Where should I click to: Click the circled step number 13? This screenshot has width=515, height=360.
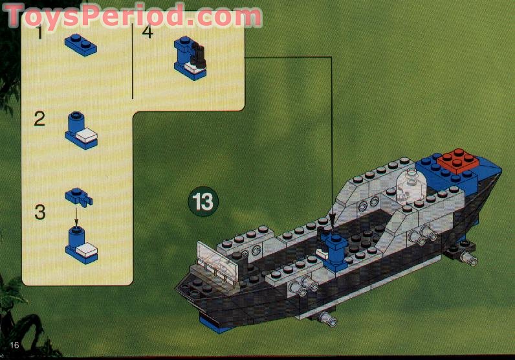click(203, 201)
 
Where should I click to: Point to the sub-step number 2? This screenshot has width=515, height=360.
click(40, 119)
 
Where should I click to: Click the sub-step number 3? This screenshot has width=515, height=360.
click(40, 212)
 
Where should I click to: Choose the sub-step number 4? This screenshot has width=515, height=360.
click(148, 31)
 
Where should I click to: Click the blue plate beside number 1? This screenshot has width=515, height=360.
click(80, 46)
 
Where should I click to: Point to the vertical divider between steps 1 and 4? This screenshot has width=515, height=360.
click(133, 62)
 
